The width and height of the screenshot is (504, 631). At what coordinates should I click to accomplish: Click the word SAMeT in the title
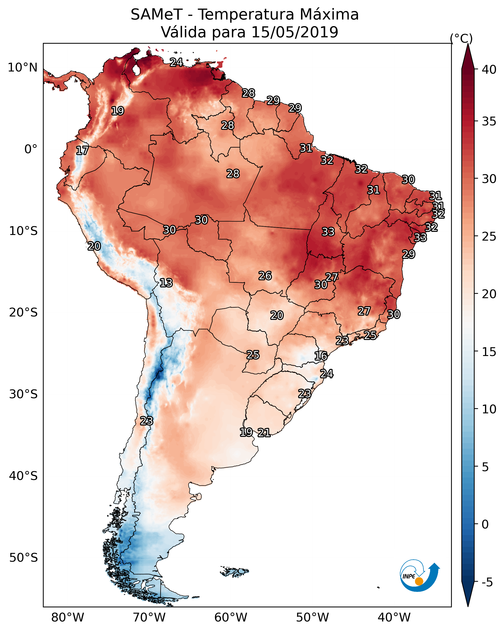pos(157,15)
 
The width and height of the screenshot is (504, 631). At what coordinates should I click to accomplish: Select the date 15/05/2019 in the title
pos(295,32)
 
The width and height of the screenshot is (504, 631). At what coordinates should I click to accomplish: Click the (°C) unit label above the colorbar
pos(461,38)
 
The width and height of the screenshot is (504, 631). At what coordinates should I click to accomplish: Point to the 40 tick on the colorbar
pos(489,70)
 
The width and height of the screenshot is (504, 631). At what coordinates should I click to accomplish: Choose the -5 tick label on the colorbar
pos(487,582)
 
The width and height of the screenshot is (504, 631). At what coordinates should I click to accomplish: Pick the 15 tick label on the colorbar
pos(489,352)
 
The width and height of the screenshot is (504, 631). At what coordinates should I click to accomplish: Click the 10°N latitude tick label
pos(22,68)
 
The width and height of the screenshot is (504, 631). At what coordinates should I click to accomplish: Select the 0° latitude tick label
pos(31,149)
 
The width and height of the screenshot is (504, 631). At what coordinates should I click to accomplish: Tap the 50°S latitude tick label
pos(23,558)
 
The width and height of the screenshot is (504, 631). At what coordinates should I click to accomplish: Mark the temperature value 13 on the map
pos(166,283)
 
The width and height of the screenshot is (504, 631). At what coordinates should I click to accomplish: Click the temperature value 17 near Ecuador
pos(82,151)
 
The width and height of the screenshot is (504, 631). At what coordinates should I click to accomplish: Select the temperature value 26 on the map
pos(265,276)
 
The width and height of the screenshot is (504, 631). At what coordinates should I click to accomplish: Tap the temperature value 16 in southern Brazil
pos(321,356)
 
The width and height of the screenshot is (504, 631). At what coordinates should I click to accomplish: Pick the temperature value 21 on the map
pos(264,433)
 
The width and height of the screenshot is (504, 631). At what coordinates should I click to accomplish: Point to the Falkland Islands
pos(234,571)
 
